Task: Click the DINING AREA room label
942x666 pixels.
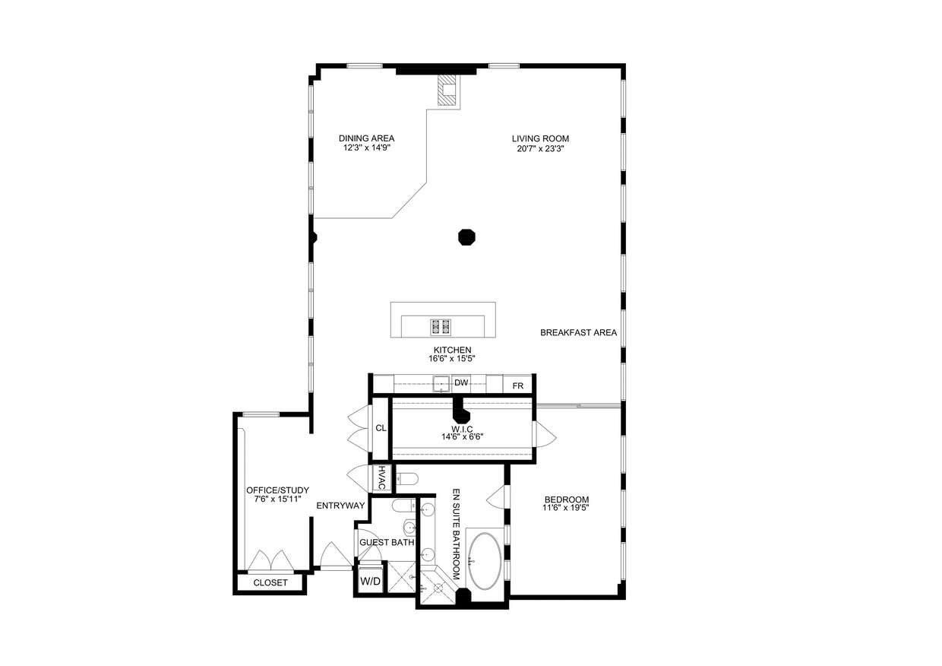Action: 366,138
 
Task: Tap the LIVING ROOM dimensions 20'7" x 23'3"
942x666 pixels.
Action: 540,148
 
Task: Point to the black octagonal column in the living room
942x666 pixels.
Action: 466,237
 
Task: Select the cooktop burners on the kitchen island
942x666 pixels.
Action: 441,327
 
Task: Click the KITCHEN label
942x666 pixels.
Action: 453,350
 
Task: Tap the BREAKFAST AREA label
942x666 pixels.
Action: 578,332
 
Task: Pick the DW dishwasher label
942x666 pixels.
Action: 461,382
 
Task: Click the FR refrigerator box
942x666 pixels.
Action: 517,385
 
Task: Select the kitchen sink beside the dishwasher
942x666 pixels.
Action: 441,383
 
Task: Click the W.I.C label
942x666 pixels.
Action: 462,429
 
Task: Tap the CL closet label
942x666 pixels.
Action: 381,428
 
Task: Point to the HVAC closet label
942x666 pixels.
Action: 382,477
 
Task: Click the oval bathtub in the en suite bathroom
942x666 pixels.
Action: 485,562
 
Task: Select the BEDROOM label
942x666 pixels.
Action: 566,499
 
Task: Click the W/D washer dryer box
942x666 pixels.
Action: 370,581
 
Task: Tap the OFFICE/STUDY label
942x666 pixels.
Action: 277,490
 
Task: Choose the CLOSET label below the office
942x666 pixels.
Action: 270,582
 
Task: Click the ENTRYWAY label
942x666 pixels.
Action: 340,506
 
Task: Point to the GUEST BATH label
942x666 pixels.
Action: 387,543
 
